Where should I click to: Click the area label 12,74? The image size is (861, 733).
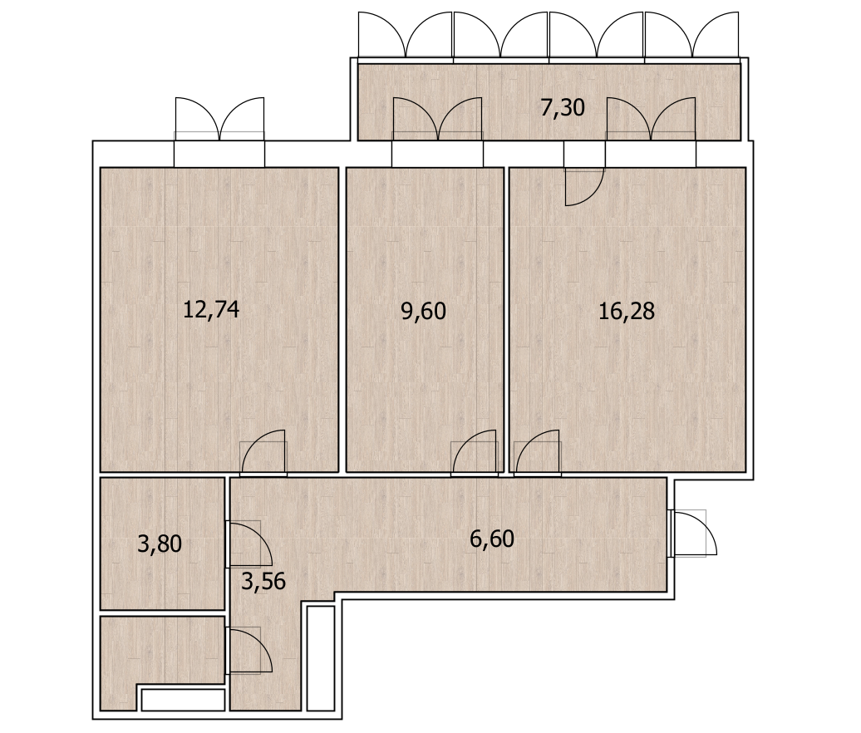(x=211, y=310)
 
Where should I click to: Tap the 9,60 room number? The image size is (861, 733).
(x=423, y=312)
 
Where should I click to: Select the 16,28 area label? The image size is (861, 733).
(x=627, y=312)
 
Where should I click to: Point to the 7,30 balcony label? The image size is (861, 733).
(x=563, y=107)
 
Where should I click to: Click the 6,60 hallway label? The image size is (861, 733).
(x=492, y=539)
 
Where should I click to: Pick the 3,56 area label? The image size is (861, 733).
(x=263, y=581)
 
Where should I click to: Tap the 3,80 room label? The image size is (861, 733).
(x=160, y=544)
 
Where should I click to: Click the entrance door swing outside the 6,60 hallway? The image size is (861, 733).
(x=693, y=534)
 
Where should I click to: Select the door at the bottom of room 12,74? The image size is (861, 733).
(x=263, y=452)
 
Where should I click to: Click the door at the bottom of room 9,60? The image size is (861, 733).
(x=475, y=452)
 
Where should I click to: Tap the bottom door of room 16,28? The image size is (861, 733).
(x=538, y=452)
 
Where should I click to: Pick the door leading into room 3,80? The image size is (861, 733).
(x=248, y=544)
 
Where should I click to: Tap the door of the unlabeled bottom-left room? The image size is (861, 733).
(x=248, y=650)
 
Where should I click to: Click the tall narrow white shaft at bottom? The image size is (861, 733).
(x=321, y=658)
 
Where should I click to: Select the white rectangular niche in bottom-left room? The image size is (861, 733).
(x=184, y=700)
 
